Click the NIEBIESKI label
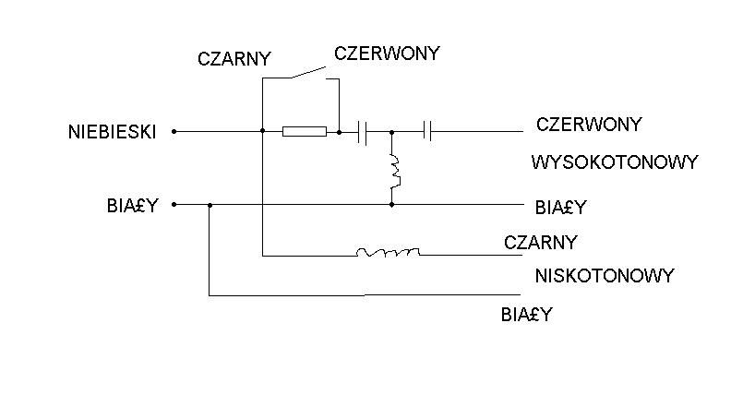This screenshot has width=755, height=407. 113,132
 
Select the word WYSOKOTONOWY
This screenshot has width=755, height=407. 615,162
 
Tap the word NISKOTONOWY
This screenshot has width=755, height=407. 605,276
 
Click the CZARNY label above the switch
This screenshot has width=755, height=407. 234,59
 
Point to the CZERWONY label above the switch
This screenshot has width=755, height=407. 387,54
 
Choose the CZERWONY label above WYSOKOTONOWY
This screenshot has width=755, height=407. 589,125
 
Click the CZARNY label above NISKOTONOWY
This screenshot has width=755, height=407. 541,243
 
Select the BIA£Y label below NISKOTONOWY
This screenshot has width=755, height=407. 526,315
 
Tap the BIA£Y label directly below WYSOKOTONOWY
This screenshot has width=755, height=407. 560,208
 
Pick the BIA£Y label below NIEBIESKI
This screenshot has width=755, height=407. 132,206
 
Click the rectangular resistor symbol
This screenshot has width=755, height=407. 305,131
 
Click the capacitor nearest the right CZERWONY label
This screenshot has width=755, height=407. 427,130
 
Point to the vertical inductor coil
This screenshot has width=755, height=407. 395,172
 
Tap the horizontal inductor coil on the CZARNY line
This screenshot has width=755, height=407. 388,252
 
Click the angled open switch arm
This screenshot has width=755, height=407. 308,73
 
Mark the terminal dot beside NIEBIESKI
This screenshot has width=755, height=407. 174,131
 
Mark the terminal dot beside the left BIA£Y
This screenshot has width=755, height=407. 174,205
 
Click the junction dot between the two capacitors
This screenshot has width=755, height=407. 391,132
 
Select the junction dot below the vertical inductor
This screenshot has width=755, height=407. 391,205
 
